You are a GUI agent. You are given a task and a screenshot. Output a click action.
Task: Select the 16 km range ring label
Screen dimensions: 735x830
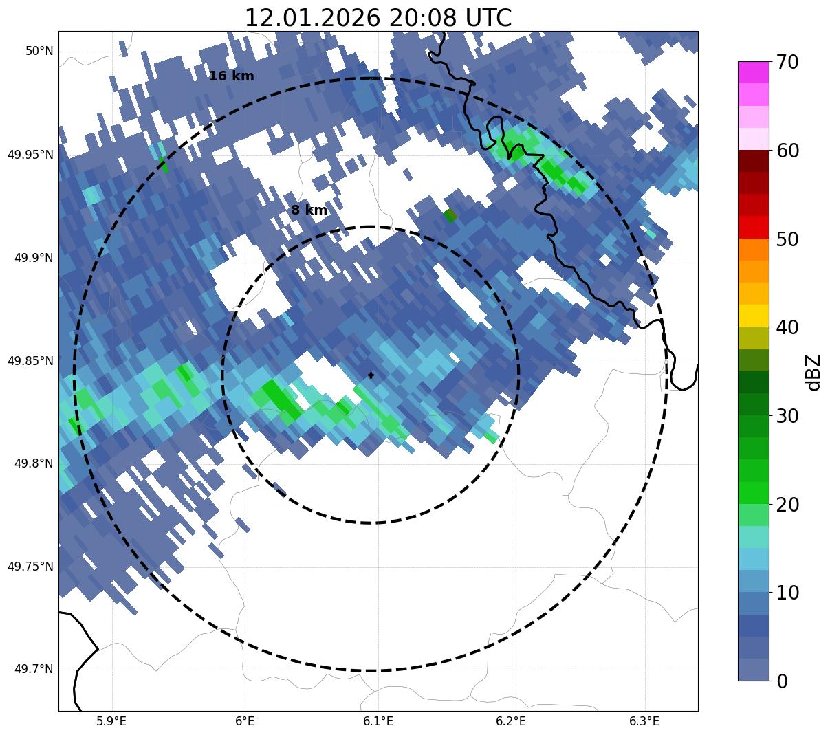pyautogui.click(x=231, y=76)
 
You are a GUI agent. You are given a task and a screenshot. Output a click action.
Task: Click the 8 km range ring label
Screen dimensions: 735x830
pyautogui.click(x=309, y=210)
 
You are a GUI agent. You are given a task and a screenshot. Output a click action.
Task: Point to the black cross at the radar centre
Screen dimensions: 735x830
pyautogui.click(x=371, y=375)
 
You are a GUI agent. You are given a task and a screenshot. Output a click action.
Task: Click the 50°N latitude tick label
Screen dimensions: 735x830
pyautogui.click(x=39, y=52)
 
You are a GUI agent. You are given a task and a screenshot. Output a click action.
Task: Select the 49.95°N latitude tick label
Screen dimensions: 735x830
pyautogui.click(x=30, y=155)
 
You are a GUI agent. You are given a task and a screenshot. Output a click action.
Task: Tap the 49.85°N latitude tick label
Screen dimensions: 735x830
pyautogui.click(x=30, y=361)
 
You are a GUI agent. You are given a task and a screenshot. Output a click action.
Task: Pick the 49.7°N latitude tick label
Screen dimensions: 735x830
pyautogui.click(x=34, y=670)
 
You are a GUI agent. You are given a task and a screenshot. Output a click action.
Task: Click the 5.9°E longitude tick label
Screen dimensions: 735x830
pyautogui.click(x=111, y=721)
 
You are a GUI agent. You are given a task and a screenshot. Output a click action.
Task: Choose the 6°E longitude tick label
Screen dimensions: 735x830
pyautogui.click(x=245, y=721)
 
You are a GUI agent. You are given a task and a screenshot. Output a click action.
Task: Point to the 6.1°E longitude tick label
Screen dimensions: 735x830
pyautogui.click(x=378, y=721)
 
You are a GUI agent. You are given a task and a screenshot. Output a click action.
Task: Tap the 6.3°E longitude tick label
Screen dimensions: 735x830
pyautogui.click(x=644, y=721)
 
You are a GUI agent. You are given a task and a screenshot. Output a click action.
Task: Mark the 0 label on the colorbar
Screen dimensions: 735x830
pyautogui.click(x=782, y=681)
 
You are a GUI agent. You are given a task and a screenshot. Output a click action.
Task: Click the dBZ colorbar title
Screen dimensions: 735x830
pyautogui.click(x=813, y=372)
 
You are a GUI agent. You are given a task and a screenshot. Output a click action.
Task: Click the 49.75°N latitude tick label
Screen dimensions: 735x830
pyautogui.click(x=30, y=567)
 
